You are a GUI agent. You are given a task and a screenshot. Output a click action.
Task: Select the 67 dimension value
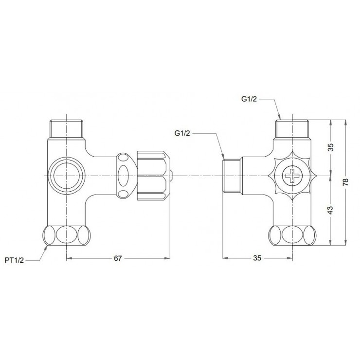117,258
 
